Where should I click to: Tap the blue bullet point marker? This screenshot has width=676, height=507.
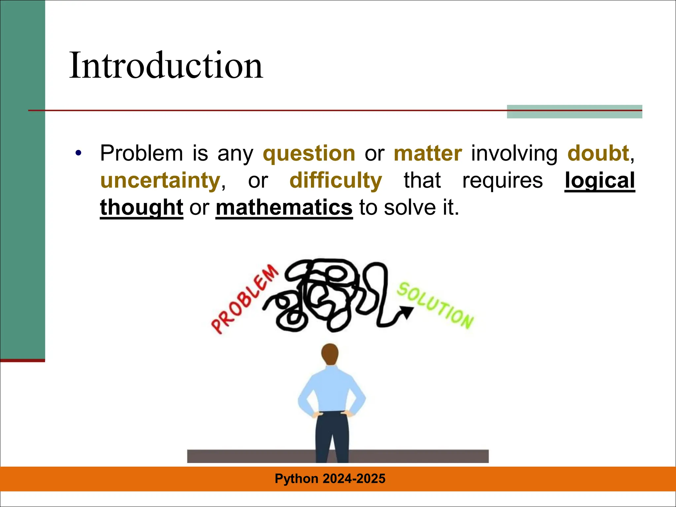pos(78,153)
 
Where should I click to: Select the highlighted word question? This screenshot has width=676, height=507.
pos(309,154)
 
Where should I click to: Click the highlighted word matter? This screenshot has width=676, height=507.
pos(428,154)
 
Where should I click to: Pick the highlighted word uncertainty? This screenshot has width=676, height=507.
pos(160,181)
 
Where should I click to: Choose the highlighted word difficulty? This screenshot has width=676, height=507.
pos(336,181)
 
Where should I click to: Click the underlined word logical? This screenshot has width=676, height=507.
pos(599,181)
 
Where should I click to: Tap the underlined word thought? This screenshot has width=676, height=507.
pos(142,208)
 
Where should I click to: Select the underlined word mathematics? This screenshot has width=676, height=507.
pos(284,208)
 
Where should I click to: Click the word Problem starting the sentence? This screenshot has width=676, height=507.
pos(141,153)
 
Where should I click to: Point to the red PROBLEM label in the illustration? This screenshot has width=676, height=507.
pos(245,299)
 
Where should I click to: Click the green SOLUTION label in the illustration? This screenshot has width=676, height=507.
pos(435,305)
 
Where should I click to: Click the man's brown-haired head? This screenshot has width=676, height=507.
pos(330,354)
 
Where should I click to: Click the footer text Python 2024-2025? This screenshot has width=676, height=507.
pos(330,479)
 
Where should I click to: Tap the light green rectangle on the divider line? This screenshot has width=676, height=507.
pos(574,112)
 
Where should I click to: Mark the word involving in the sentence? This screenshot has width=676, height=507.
pos(514,154)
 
